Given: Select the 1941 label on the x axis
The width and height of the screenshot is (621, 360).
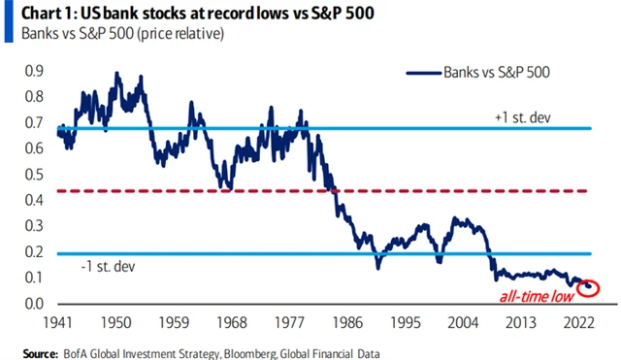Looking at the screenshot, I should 59,323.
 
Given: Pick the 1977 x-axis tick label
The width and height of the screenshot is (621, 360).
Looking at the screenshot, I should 294,323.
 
